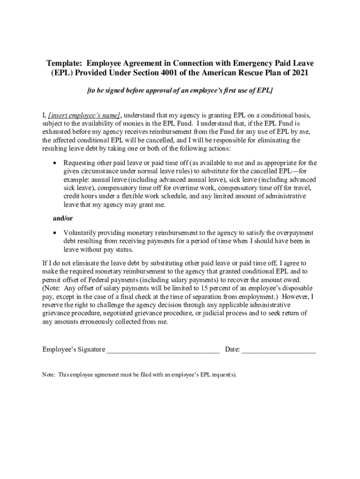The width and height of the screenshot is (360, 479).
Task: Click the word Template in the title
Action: tap(63, 63)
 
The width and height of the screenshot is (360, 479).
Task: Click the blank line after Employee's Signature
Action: tap(163, 349)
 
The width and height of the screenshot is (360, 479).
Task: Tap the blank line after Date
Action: tap(279, 349)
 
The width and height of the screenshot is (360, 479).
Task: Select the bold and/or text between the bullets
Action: tap(62, 218)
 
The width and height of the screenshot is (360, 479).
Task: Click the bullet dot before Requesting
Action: tap(56, 163)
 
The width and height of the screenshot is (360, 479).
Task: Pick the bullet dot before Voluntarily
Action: tap(56, 232)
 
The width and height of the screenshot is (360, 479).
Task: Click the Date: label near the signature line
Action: tap(233, 349)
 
